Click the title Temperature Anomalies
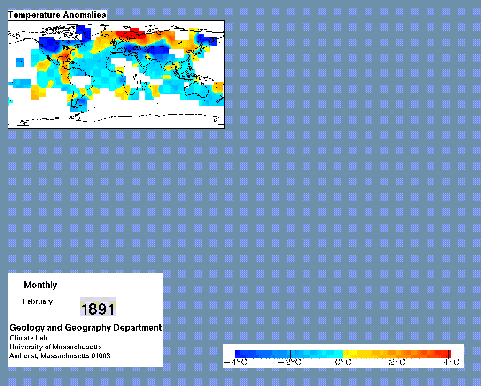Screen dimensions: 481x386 (57, 15)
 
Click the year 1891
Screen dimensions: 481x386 (98, 309)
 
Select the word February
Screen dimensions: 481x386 (38, 301)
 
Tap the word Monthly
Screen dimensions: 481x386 (40, 285)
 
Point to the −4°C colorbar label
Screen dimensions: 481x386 (235, 363)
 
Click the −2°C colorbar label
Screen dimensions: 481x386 (289, 363)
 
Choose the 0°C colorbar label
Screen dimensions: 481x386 (343, 363)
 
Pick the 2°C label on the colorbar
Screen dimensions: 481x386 (397, 363)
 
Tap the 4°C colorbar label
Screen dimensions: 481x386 (451, 363)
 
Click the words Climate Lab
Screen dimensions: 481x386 (28, 338)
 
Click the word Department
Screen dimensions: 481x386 (138, 328)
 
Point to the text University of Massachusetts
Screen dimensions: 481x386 (55, 347)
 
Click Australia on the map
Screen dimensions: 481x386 (196, 90)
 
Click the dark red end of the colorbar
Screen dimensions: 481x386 (449, 354)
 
